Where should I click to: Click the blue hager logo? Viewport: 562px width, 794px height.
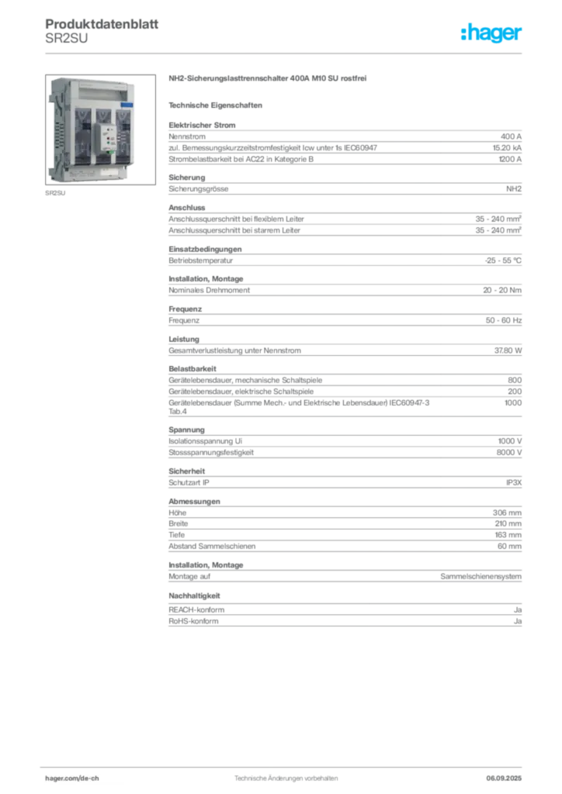pos(493,34)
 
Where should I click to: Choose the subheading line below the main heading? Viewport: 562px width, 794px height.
pos(217,104)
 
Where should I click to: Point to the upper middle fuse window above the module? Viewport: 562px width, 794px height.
pos(103,115)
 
